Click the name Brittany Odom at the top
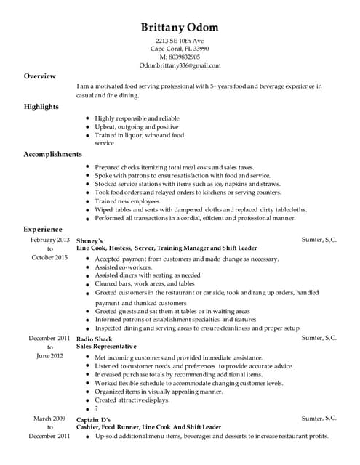click(x=180, y=28)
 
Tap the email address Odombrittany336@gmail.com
click(x=180, y=65)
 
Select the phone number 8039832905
click(x=180, y=57)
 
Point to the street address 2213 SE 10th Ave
click(x=180, y=40)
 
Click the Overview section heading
click(x=39, y=76)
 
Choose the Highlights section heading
click(x=41, y=107)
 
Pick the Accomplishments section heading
click(x=53, y=154)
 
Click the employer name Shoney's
click(x=90, y=240)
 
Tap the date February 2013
click(x=50, y=239)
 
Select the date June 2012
click(x=50, y=355)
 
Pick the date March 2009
click(x=50, y=418)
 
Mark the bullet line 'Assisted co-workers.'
click(x=124, y=267)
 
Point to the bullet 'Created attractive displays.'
click(x=132, y=400)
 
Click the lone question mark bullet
click(x=97, y=408)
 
